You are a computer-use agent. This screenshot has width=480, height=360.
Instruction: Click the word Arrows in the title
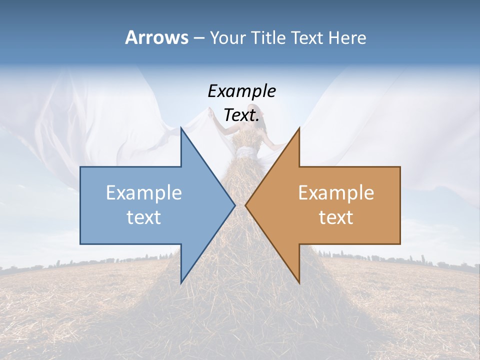click(156, 37)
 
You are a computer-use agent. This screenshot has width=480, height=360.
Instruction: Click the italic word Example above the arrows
click(241, 91)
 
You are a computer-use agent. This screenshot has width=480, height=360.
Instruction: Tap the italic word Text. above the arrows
click(241, 115)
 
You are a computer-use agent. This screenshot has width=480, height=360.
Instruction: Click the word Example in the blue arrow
click(144, 192)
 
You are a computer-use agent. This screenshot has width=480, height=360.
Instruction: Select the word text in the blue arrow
click(144, 217)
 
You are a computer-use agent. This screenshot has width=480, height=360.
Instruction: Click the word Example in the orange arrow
click(336, 192)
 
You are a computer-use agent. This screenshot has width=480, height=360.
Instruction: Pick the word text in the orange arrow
click(336, 217)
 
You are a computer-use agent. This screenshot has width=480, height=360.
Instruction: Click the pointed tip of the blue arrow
click(234, 205)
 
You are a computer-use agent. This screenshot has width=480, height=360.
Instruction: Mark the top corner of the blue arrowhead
click(181, 128)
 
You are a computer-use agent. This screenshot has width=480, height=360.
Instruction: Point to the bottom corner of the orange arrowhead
click(299, 282)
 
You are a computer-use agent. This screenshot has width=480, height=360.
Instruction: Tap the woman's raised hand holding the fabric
click(211, 113)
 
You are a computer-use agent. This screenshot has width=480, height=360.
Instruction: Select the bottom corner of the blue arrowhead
click(181, 282)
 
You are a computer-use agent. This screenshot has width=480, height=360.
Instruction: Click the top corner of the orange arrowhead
click(299, 128)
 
